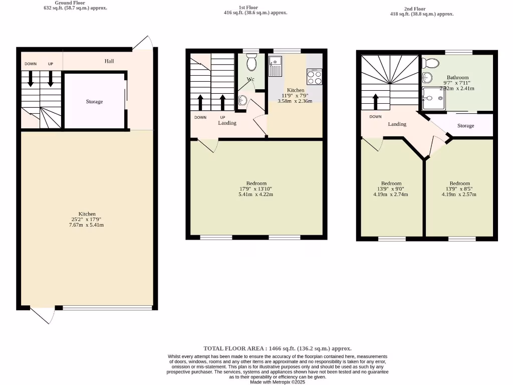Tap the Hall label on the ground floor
tap(109, 61)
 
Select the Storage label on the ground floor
tap(94, 102)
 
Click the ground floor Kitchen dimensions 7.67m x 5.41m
tap(87, 225)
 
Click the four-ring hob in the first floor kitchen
tap(314, 77)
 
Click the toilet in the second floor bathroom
tap(431, 63)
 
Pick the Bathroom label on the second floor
tap(457, 78)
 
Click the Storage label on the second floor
tap(465, 126)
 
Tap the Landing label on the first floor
tap(227, 123)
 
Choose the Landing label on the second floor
tap(397, 124)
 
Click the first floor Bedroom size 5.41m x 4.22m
tap(256, 195)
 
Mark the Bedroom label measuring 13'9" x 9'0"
tap(391, 183)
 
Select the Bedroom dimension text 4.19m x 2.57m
tap(459, 195)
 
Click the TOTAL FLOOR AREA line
tap(277, 348)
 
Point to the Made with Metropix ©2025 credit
tap(277, 382)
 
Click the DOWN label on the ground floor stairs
tap(31, 64)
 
